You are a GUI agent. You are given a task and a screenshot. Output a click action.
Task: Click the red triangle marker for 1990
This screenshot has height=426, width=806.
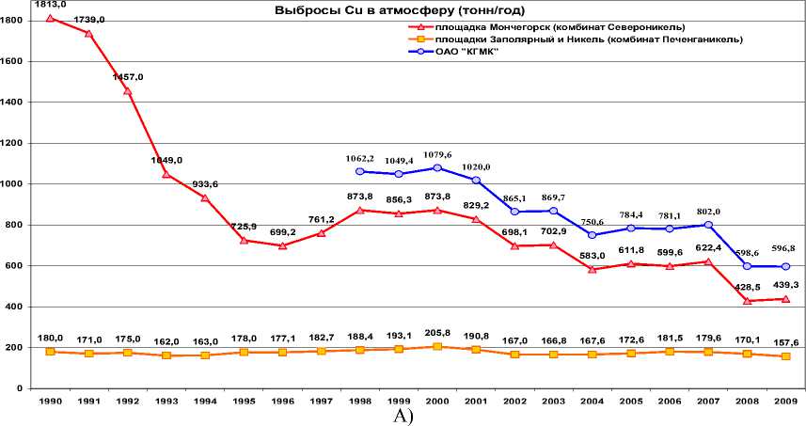pos(50,18)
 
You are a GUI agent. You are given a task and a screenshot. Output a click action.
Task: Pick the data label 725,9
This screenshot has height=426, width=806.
pos(243,228)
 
